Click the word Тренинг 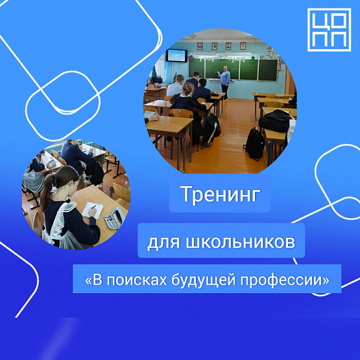tap(220, 194)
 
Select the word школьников tap(241, 242)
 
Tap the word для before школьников tap(163, 243)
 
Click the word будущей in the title tap(204, 280)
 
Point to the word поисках tap(137, 280)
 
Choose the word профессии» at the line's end tap(285, 281)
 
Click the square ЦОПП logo tap(329, 30)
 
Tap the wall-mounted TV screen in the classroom tap(176, 55)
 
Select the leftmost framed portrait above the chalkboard tap(200, 46)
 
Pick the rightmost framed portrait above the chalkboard tap(243, 45)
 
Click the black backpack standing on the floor tap(254, 144)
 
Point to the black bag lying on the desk tap(275, 121)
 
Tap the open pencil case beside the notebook tap(115, 218)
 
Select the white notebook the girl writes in tap(92, 211)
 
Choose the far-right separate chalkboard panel tap(268, 70)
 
